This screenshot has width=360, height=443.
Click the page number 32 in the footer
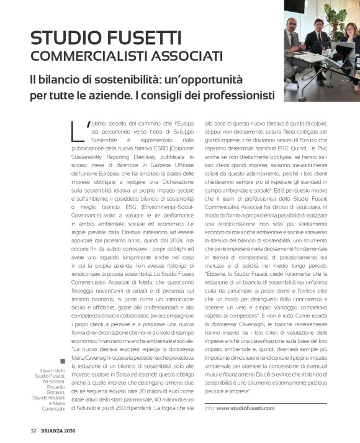click(x=34, y=431)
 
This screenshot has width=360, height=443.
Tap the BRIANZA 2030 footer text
click(x=59, y=431)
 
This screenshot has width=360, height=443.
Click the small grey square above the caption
click(x=63, y=361)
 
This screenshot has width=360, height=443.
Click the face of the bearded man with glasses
click(x=292, y=24)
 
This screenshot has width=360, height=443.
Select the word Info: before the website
click(x=210, y=408)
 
